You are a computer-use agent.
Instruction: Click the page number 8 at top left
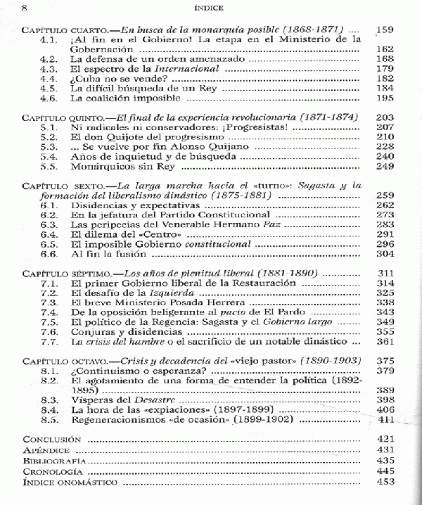[6, 8]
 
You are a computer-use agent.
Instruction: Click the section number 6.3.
[49, 224]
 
